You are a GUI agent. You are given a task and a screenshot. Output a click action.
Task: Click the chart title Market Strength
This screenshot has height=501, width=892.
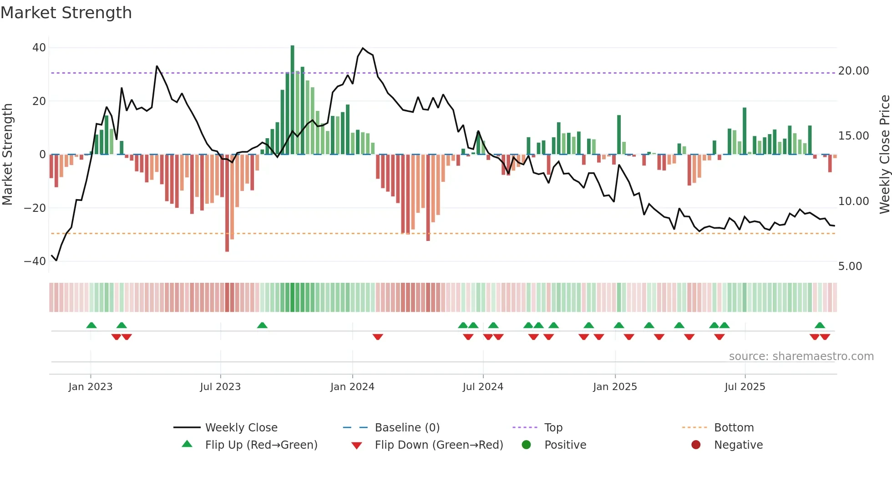point(66,13)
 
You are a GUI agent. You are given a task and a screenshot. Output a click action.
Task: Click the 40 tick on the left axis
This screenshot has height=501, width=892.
point(39,48)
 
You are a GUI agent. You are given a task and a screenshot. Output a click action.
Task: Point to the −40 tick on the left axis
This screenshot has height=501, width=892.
point(35,261)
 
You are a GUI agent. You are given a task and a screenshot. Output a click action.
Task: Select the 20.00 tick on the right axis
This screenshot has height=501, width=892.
point(853,71)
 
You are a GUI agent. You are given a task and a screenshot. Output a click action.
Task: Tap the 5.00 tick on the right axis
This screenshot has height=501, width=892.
point(850,266)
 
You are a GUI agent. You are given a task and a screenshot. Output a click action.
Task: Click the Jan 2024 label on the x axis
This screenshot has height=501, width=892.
point(352,387)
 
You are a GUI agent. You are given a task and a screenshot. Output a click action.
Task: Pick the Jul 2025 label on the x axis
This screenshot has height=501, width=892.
point(745,387)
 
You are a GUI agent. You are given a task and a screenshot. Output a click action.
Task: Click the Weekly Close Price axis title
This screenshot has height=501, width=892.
point(884,155)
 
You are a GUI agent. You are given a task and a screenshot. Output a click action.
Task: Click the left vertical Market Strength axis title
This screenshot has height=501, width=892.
point(8,155)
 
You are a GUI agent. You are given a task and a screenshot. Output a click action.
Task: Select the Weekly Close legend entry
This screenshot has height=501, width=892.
point(241,428)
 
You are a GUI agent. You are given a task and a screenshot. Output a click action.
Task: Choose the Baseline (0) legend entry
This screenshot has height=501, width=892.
point(407,428)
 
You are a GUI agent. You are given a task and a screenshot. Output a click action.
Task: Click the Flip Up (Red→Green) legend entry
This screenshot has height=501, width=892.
point(261,445)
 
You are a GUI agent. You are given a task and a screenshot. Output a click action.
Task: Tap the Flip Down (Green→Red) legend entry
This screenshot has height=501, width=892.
point(439,445)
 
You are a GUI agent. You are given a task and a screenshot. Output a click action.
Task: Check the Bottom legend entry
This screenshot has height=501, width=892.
point(734,428)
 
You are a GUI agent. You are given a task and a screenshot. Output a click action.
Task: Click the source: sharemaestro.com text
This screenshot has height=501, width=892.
point(801,356)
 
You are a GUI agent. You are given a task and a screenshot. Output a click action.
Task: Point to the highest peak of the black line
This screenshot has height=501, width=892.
point(363,48)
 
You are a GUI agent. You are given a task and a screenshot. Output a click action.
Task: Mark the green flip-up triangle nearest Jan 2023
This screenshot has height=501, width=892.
point(91,325)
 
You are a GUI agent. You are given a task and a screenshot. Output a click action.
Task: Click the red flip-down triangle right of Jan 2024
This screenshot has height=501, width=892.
point(378,337)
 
